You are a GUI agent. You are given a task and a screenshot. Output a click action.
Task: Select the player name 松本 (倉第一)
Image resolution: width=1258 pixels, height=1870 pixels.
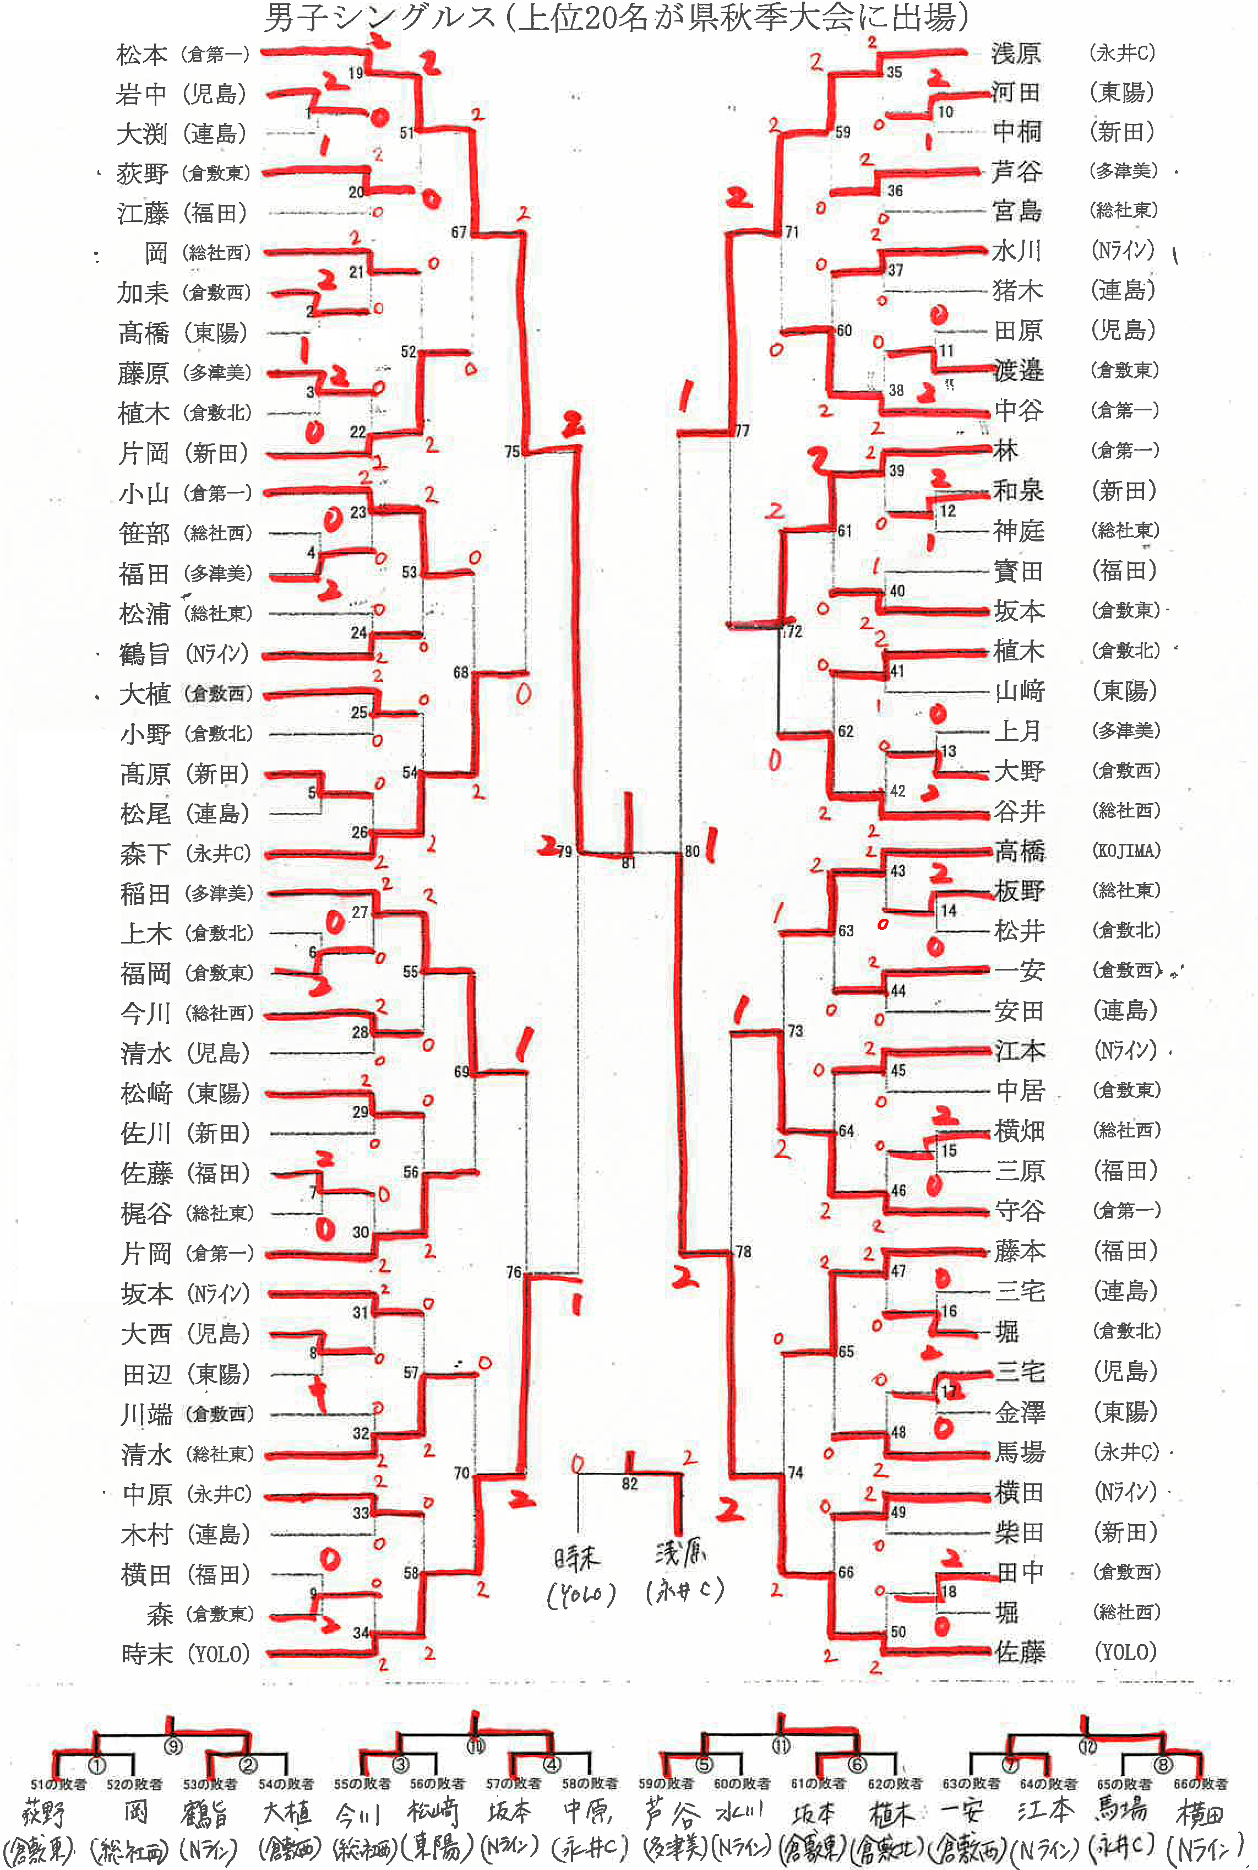pyautogui.click(x=142, y=55)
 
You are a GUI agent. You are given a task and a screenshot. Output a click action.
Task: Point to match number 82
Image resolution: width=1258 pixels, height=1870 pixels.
pyautogui.click(x=630, y=1484)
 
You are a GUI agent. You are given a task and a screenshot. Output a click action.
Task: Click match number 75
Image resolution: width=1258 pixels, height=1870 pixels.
pyautogui.click(x=513, y=452)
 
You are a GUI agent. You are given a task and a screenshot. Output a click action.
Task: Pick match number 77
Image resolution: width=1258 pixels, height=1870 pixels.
pyautogui.click(x=742, y=431)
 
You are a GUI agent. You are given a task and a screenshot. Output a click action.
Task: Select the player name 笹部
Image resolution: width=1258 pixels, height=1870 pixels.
pyautogui.click(x=144, y=534)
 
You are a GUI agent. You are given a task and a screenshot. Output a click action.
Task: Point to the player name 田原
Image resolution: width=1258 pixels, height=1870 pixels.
pyautogui.click(x=1018, y=330)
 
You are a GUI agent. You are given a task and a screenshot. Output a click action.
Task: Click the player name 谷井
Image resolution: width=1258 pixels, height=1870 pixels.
pyautogui.click(x=1019, y=811)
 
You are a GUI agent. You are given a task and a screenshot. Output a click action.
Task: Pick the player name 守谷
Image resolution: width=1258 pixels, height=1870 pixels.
pyautogui.click(x=1020, y=1210)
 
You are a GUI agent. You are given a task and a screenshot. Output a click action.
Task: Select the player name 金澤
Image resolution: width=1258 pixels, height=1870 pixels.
pyautogui.click(x=1020, y=1412)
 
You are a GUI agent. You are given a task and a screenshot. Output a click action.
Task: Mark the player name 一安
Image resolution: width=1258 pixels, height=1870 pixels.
pyautogui.click(x=1019, y=971)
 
